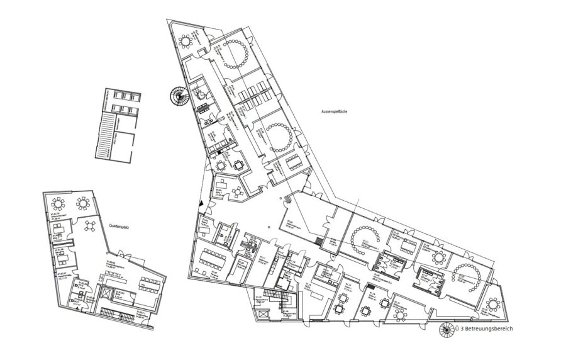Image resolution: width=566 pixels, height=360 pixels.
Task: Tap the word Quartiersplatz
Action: coord(119,224)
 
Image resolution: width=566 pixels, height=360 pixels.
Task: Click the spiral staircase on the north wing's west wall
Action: coord(178,97)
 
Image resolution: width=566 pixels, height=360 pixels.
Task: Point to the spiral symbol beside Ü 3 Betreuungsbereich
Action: coord(446,329)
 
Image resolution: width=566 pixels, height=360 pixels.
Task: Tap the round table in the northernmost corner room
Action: coord(186,41)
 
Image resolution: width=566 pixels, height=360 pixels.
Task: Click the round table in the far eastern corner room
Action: coord(494,304)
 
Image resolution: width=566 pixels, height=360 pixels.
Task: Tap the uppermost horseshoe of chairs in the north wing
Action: coord(236,54)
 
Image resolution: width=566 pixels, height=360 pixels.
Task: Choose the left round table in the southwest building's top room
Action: coord(60,202)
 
